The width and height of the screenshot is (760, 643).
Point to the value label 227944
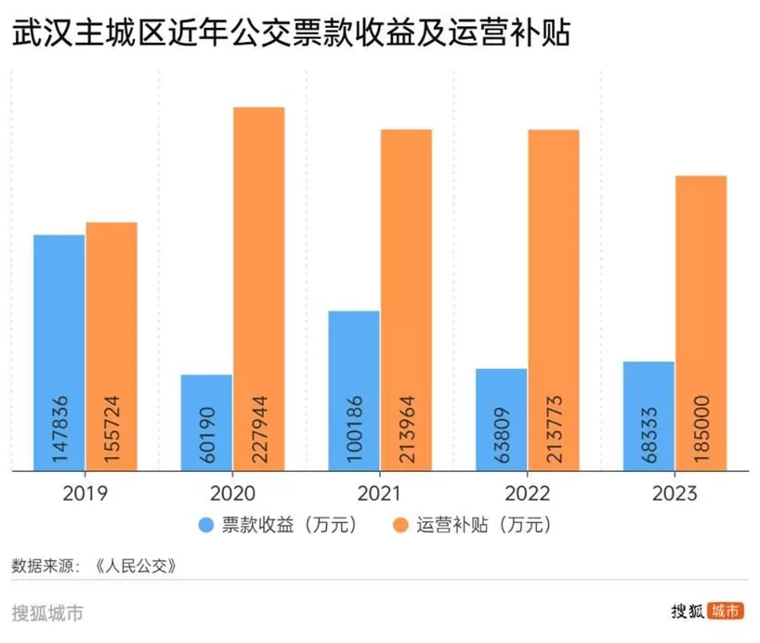pyautogui.click(x=259, y=428)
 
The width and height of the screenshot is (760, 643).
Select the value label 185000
pyautogui.click(x=701, y=428)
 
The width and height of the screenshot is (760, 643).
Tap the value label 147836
pyautogui.click(x=59, y=428)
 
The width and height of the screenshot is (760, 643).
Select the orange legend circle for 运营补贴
pyautogui.click(x=402, y=525)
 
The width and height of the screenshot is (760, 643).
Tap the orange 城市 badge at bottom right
pyautogui.click(x=725, y=611)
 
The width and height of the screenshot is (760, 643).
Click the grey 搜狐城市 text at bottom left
pyautogui.click(x=47, y=613)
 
